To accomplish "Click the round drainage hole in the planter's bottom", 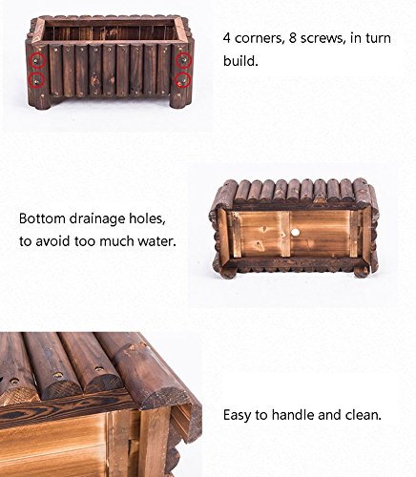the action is [296, 233].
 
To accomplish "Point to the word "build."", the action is [240, 60].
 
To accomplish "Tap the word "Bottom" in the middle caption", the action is [42, 218].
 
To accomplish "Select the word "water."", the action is [156, 241].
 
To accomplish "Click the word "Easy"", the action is [237, 416].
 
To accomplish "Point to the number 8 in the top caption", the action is [293, 38].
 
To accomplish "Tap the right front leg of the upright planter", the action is [178, 99].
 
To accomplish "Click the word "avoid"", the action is [52, 241].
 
